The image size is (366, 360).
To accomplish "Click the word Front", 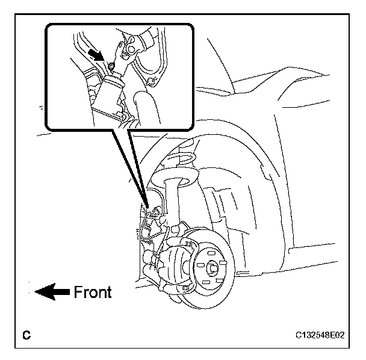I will (x=93, y=293).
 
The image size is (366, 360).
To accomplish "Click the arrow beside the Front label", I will (x=52, y=293).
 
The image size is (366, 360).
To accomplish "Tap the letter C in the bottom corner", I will (x=26, y=335).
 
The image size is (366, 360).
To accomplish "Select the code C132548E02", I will (x=320, y=335).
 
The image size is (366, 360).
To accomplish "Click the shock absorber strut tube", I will (x=173, y=199).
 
